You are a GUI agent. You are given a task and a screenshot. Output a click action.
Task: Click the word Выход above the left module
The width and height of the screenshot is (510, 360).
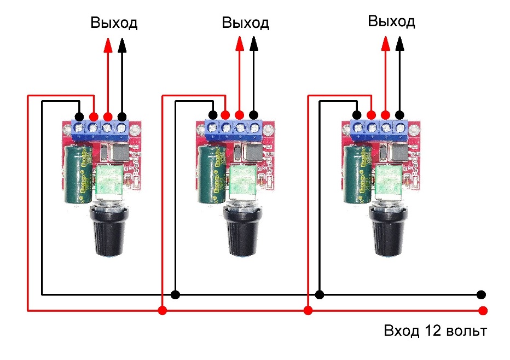tap(113, 24)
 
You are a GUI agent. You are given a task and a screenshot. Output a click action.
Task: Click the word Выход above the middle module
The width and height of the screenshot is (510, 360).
tap(245, 23)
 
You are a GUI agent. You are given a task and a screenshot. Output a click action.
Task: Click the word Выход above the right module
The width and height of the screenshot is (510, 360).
tap(391, 22)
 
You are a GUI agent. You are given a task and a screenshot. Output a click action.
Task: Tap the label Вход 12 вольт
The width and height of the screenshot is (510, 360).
tap(434, 332)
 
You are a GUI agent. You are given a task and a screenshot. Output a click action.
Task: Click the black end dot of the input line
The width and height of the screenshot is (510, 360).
tap(481, 294)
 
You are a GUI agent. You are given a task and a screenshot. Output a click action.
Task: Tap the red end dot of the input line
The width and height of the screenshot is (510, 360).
tap(482, 311)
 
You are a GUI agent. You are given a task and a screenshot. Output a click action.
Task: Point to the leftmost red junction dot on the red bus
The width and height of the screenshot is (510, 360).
tap(162, 311)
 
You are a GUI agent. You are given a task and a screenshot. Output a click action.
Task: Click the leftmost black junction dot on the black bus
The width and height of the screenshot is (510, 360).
tap(175, 294)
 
